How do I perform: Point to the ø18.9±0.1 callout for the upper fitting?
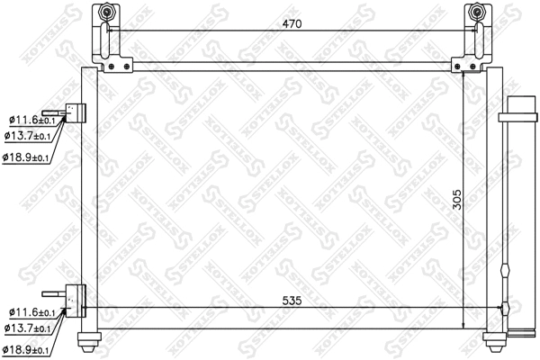click(x=28, y=157)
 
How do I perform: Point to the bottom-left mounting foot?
click(x=89, y=339)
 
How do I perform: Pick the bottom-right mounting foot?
click(x=494, y=339)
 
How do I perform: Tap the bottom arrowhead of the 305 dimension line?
click(x=463, y=328)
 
